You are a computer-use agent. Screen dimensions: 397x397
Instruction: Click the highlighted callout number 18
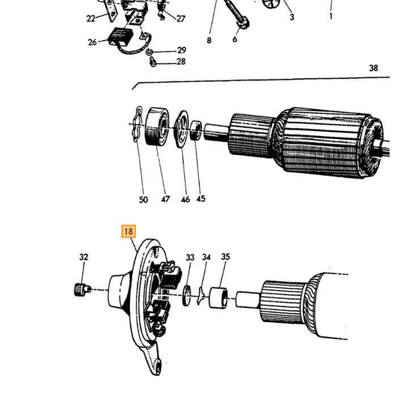[129, 231]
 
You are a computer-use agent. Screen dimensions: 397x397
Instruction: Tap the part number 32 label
[84, 257]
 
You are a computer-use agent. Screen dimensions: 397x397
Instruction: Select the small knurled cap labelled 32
[82, 290]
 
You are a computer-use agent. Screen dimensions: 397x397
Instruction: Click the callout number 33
[190, 257]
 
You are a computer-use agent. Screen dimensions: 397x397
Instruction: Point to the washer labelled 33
[187, 295]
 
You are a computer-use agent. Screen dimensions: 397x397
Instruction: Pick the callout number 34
[206, 257]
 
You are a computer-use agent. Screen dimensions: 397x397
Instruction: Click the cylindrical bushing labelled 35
[218, 298]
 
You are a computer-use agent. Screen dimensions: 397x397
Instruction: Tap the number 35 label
[225, 257]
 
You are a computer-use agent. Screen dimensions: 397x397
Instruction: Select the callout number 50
[143, 200]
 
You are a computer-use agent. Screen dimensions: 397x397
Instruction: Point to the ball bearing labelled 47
[157, 126]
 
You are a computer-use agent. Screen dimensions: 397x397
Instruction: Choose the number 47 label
[166, 199]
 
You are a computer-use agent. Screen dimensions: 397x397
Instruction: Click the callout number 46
[185, 199]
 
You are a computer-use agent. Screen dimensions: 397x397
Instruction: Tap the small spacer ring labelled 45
[196, 130]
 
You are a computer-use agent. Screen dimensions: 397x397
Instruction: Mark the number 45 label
[201, 198]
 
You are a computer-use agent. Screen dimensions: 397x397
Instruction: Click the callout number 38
[373, 68]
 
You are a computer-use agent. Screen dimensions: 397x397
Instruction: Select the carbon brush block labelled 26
[120, 37]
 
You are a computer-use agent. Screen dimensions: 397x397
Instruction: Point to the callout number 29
[181, 50]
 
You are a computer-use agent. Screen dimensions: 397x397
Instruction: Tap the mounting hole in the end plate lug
[158, 366]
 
